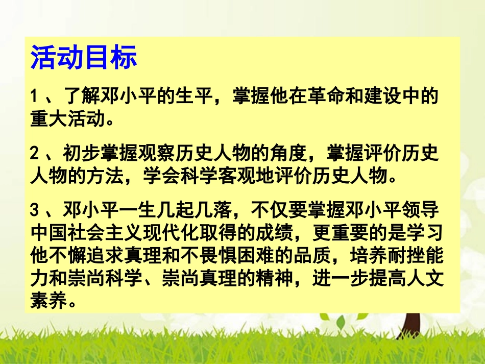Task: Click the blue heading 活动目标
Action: coord(84,58)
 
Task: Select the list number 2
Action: coord(34,153)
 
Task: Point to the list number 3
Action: coord(34,210)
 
